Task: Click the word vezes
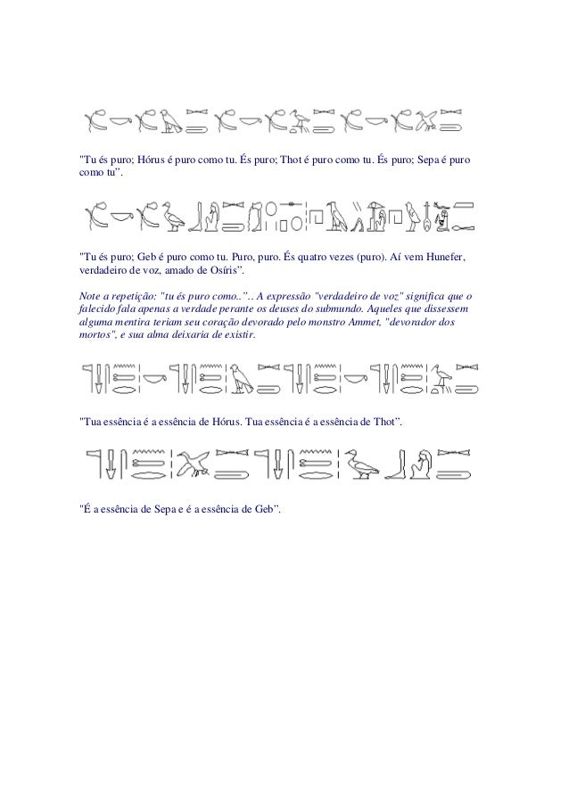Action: (345, 258)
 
